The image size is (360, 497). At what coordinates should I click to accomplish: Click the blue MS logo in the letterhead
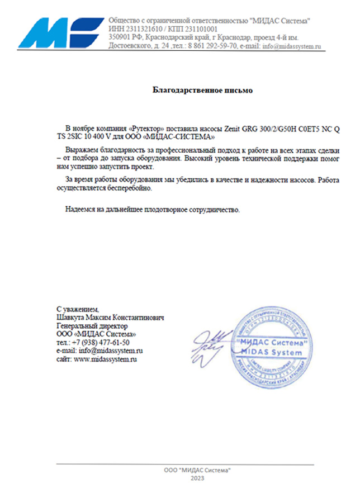point(61,32)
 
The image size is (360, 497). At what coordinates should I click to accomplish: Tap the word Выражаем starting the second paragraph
point(83,150)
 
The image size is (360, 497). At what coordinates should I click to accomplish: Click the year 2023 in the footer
point(197,479)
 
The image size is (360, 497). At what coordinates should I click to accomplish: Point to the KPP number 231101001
point(198,29)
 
